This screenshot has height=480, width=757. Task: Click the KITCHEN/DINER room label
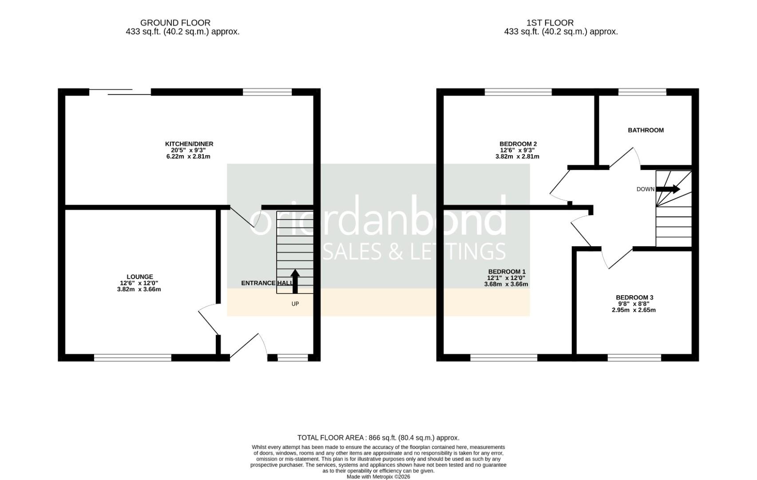[x=189, y=144]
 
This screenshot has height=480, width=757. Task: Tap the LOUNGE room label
[x=139, y=277]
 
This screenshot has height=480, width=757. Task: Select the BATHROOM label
[x=646, y=130]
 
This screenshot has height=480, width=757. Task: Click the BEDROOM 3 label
[x=634, y=298]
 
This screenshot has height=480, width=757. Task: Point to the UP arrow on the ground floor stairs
[x=295, y=280]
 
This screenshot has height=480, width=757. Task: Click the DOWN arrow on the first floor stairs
[x=668, y=189]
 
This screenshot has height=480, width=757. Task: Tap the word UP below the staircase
[x=295, y=304]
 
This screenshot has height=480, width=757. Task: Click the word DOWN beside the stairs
[x=645, y=189]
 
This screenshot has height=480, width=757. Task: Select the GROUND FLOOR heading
[x=175, y=23]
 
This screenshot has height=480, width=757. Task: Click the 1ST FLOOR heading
[x=550, y=23]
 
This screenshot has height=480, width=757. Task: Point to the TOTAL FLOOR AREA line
[x=378, y=438]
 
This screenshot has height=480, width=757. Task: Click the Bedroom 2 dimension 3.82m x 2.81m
[x=517, y=156]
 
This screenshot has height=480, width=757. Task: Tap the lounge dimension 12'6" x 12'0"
[x=139, y=283]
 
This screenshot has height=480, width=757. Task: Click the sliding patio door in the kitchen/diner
[x=120, y=92]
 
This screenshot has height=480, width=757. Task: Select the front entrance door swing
[x=249, y=346]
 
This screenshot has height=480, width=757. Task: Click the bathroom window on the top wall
[x=642, y=92]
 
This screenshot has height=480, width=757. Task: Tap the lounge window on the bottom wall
[x=132, y=357]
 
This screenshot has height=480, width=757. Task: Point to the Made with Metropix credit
[x=378, y=476]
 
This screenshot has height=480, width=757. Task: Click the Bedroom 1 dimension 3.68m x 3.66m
[x=506, y=284]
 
